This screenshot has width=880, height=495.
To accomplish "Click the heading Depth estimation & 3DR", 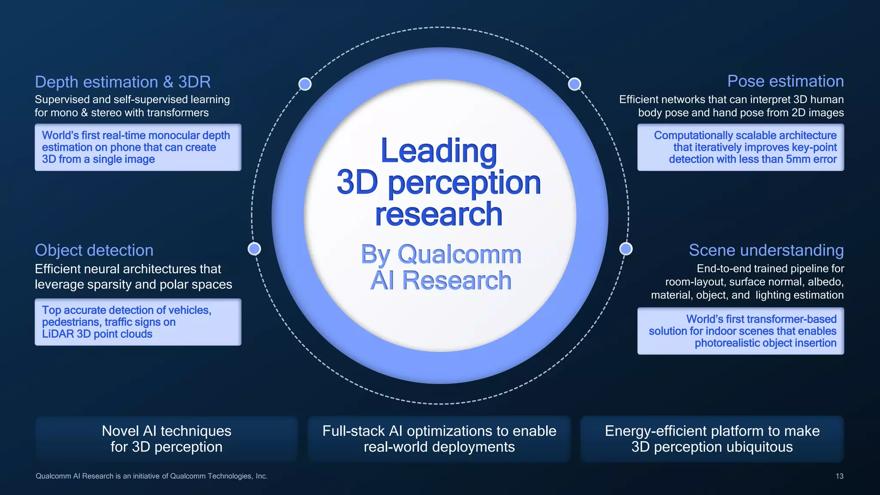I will [122, 82].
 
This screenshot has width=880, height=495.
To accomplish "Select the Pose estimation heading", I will [785, 81].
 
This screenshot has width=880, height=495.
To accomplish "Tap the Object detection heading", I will [94, 250].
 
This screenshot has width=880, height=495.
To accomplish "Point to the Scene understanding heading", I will [766, 250].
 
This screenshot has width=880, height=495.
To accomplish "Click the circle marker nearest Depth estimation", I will [305, 84].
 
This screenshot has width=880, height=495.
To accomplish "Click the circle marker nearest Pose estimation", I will [574, 84].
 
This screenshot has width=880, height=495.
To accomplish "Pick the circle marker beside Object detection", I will [254, 249].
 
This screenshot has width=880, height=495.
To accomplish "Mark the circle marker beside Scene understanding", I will [626, 249].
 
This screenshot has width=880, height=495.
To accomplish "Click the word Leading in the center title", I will [439, 151].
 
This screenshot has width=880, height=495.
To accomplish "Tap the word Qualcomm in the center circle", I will [459, 254].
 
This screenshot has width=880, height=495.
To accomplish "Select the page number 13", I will [839, 476].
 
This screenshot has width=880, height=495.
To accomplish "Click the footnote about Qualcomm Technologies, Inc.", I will [151, 476].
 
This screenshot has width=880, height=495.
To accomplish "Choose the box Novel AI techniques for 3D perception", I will [166, 439].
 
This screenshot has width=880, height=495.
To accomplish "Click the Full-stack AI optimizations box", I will [439, 439].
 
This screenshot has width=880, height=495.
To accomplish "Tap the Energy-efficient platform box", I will [712, 439].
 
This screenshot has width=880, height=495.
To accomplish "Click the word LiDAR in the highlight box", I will [58, 334].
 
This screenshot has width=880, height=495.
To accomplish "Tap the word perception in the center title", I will [464, 183].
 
